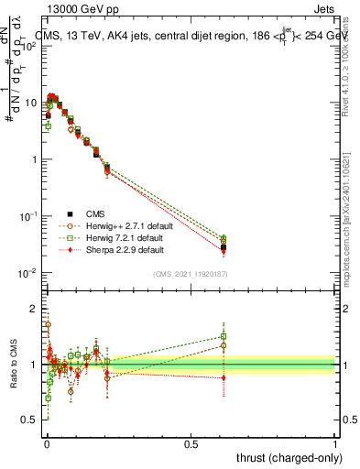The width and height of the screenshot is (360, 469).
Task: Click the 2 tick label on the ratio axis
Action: click(33, 308)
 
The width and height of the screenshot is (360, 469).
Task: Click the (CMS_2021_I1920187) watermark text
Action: click(191, 273)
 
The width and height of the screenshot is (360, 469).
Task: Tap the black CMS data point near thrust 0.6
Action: click(224, 247)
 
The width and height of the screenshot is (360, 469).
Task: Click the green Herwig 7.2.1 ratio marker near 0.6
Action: click(224, 336)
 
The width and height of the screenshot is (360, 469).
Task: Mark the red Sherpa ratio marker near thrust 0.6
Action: click(224, 377)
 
